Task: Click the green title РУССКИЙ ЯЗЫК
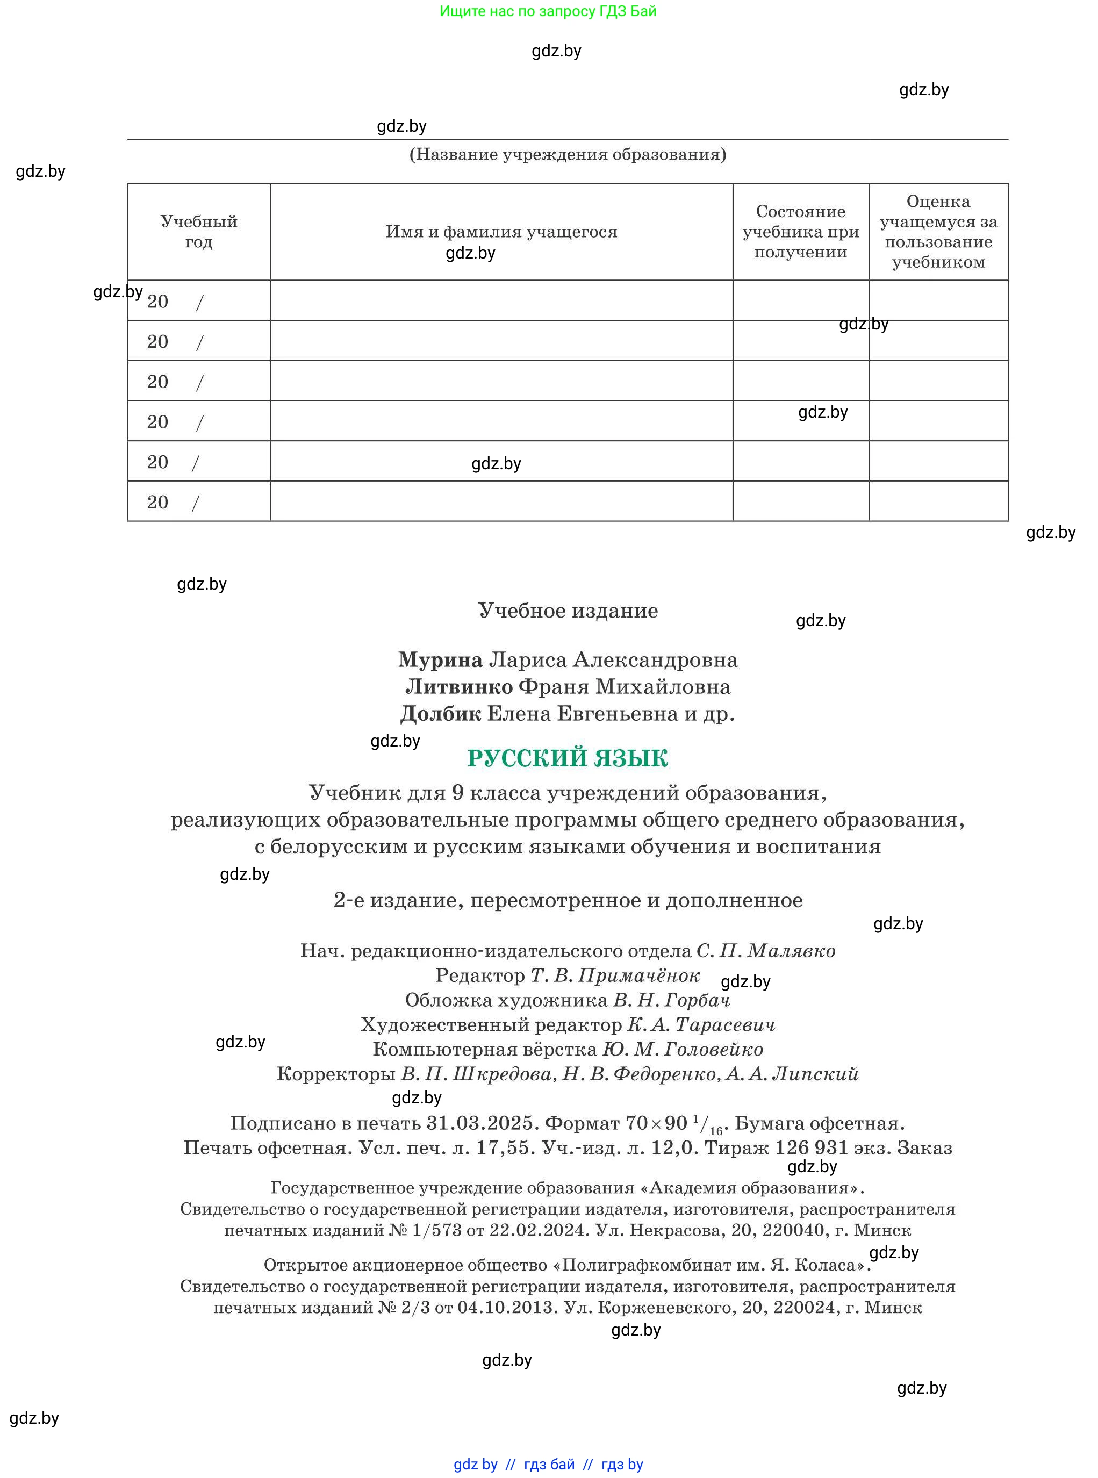pos(567,758)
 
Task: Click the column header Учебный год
pos(198,231)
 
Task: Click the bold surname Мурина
pos(440,660)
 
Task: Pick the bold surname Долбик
pos(440,714)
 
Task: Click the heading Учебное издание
pos(568,611)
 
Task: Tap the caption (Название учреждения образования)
pos(568,154)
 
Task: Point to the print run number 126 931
pos(812,1147)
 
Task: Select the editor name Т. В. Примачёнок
pos(615,975)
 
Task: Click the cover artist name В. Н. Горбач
pos(671,1000)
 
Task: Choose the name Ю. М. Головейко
pos(683,1049)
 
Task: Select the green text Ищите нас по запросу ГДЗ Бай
pos(548,11)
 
